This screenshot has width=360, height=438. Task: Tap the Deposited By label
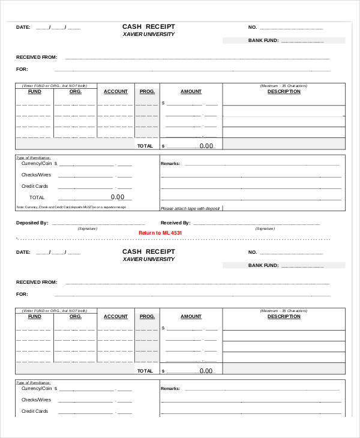[x=32, y=223]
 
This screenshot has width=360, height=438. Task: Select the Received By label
[x=175, y=223]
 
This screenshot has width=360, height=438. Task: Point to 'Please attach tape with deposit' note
[x=191, y=209]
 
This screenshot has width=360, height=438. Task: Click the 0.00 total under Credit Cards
[x=118, y=197]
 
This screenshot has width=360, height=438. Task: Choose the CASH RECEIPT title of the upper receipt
[x=149, y=27]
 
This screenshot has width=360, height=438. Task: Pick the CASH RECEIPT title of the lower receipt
[x=149, y=251]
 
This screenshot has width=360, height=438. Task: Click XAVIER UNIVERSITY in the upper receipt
[x=149, y=34]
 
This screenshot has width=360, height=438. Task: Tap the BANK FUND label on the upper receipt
[x=263, y=41]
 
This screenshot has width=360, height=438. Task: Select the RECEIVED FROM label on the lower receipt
[x=37, y=282]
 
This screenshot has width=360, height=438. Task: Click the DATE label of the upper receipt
[x=23, y=27]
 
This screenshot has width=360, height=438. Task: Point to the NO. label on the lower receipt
[x=252, y=252]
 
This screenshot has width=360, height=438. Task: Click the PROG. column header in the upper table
[x=147, y=91]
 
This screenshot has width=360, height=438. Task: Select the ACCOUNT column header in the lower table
[x=116, y=316]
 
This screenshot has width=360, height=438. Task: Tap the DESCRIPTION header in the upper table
[x=284, y=91]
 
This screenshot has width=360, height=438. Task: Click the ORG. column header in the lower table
[x=75, y=316]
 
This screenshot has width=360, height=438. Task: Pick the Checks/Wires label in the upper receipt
[x=37, y=175]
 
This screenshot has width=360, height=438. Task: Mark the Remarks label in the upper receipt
[x=170, y=163]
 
